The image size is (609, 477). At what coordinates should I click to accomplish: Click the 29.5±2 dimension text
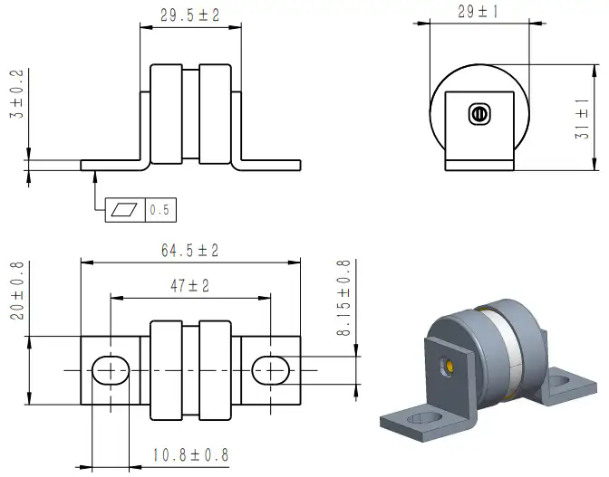point(190,15)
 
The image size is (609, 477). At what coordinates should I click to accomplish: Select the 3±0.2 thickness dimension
point(17,94)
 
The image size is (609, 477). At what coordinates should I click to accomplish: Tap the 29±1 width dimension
point(478,11)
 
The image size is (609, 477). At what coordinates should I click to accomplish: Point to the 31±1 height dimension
point(582,119)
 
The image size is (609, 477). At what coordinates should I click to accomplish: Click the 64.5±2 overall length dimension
point(190,250)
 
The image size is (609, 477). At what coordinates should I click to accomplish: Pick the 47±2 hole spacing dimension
point(190,286)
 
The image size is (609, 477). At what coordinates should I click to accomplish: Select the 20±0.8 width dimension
point(17,291)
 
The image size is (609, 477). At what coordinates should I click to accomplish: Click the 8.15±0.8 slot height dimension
point(343,298)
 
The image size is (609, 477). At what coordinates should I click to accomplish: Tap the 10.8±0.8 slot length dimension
point(190,455)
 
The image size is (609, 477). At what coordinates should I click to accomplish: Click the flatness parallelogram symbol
point(125,210)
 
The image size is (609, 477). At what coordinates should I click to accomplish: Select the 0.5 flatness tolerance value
point(159,210)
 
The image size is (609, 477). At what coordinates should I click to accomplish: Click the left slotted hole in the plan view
point(111,370)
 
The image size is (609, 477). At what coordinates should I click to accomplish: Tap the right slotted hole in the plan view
point(271,370)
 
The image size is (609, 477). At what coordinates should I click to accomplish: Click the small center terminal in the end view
point(480,114)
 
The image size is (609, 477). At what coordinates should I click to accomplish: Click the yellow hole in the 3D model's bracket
point(449,367)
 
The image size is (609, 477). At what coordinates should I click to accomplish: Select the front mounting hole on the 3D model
point(424,418)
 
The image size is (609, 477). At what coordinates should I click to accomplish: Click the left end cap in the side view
point(166,114)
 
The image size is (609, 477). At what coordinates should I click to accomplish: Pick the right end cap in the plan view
point(215,370)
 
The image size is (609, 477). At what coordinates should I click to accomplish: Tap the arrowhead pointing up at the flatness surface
point(95,176)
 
